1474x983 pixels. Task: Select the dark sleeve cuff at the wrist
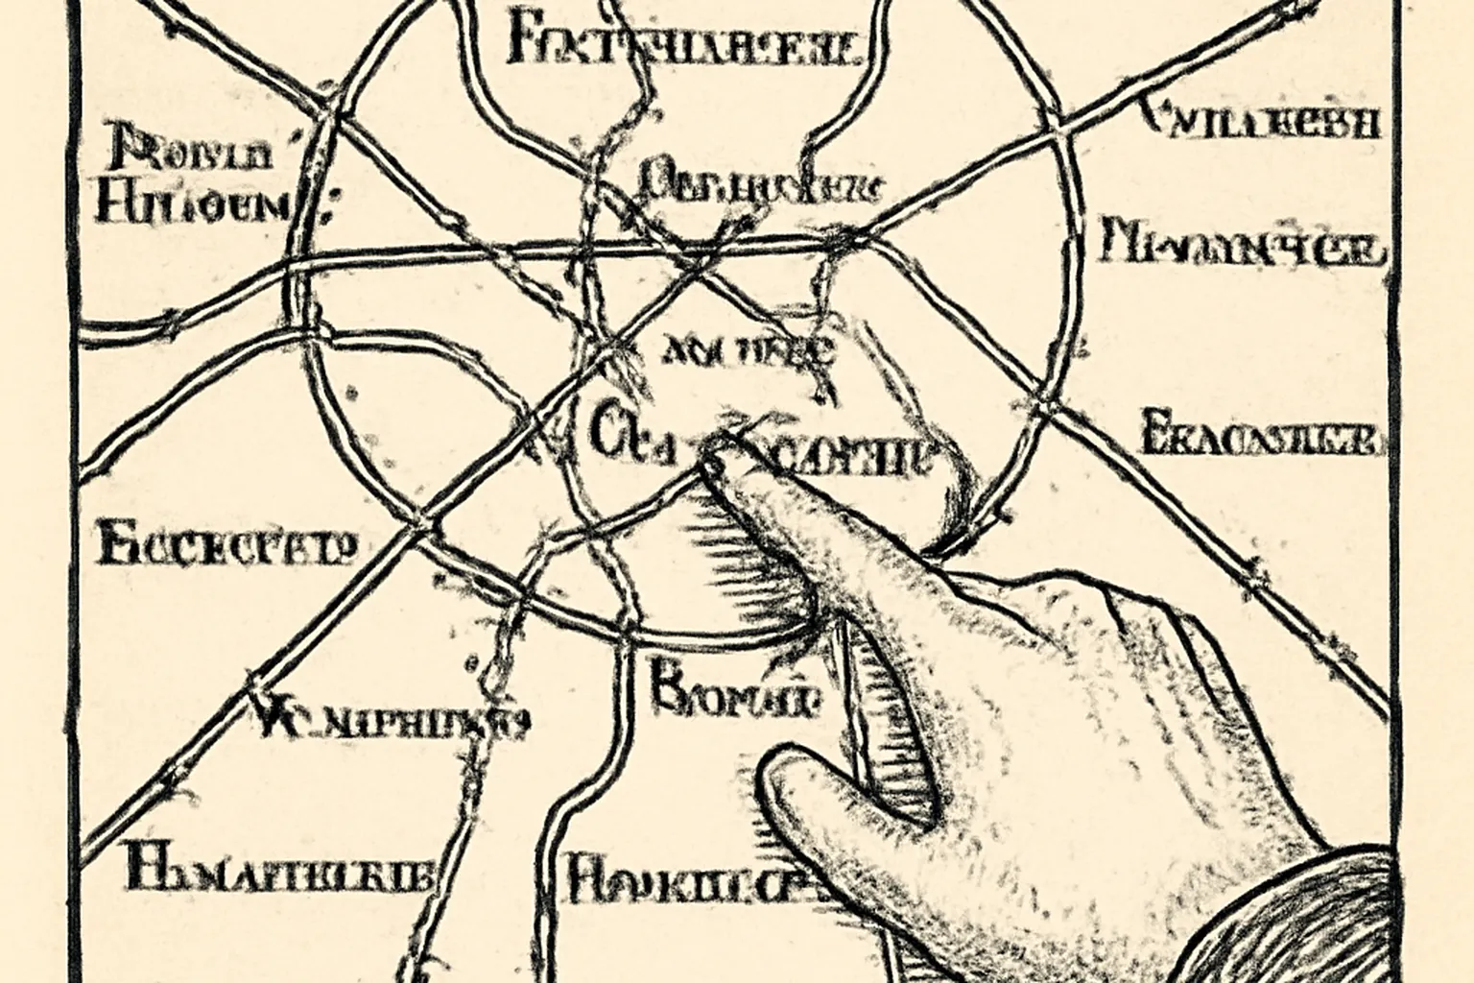point(1343,922)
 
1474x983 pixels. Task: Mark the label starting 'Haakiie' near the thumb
point(691,878)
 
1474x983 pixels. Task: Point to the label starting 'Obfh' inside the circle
point(758,182)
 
